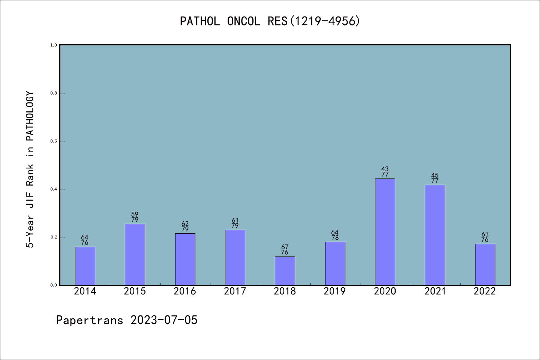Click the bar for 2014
point(85,266)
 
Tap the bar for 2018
point(285,271)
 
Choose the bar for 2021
point(435,235)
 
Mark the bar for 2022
point(485,264)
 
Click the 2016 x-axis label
point(185,291)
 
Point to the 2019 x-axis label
point(335,291)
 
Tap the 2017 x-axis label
point(235,291)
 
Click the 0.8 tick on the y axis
point(54,93)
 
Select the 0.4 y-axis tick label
point(54,189)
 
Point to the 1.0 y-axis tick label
point(54,45)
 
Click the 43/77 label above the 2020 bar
point(385,172)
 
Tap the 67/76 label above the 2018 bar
point(285,250)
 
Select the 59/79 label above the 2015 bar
point(135,217)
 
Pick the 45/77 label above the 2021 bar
point(435,178)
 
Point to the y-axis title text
point(30,169)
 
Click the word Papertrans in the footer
point(90,320)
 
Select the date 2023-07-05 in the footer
point(164,320)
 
